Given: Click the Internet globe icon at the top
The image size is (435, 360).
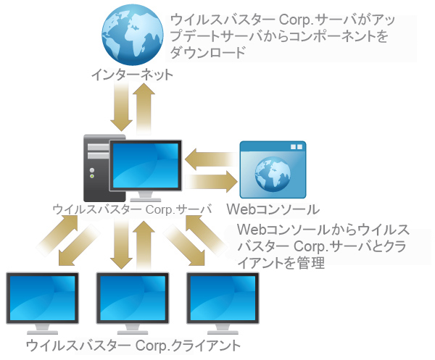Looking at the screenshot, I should click(133, 34).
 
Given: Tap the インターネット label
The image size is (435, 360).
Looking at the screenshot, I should click(133, 74).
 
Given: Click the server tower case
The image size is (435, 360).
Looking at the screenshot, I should click(96, 169).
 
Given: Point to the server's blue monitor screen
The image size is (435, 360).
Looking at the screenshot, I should click(145, 164).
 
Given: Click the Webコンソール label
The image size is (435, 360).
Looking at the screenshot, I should click(273, 209).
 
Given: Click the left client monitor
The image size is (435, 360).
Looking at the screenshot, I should click(41, 298).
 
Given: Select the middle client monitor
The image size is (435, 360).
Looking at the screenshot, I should click(132, 298).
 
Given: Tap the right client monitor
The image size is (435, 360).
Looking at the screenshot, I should click(222, 298).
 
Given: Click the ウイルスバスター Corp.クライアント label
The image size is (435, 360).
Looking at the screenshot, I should click(132, 345).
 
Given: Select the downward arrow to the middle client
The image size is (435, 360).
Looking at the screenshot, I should click(120, 246).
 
